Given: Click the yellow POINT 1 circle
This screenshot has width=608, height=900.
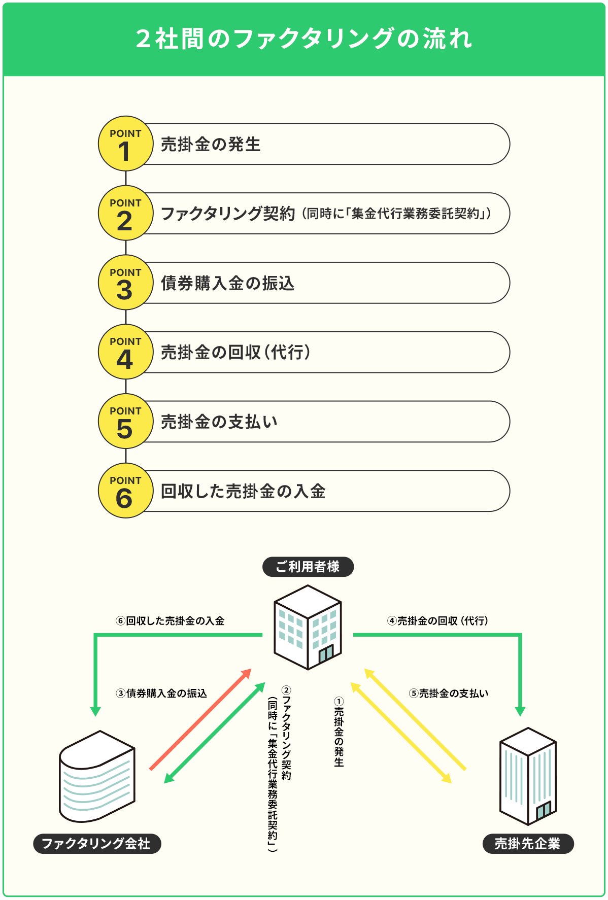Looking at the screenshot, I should coord(125,144).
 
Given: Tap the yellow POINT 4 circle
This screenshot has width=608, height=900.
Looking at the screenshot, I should coord(125,352).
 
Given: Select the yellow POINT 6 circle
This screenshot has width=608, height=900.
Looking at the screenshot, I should coord(125,491).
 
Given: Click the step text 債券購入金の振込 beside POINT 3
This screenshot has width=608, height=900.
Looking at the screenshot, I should coord(227,283).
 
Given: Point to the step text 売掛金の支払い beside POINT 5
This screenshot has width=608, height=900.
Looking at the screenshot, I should coord(219,422).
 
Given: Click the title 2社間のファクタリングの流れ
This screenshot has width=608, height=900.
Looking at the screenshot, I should coord(303,39).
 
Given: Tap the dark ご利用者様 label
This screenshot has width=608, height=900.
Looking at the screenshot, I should coord(308,567).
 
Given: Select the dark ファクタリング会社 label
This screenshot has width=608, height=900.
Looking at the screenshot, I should coord(96,843).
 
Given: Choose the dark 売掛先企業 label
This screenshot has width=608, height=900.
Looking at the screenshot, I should coord(527,843).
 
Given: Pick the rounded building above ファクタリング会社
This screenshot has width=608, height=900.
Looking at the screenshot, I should coord(97,776).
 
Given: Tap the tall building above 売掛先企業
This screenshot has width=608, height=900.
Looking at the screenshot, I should coord(528,776).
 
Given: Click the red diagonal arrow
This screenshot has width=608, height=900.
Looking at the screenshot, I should coord(201,719).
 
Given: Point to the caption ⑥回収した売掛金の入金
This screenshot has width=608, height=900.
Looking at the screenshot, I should coord(170,621).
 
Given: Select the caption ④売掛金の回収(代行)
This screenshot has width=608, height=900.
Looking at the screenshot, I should coord(437,621).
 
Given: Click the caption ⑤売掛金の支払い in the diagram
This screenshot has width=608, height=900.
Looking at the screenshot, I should coord(449,694).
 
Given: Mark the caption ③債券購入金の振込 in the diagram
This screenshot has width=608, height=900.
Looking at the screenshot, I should coord(161,694).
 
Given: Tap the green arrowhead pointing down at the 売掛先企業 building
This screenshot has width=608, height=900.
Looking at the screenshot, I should coord(520,711).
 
